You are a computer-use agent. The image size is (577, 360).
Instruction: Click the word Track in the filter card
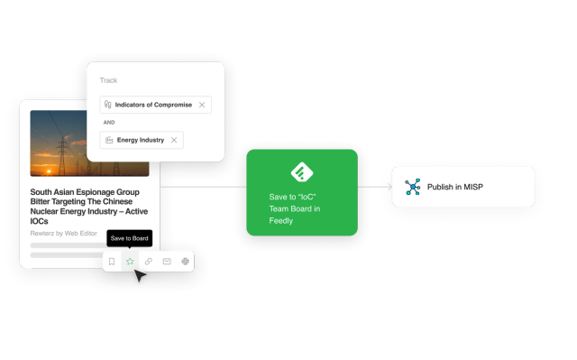108,80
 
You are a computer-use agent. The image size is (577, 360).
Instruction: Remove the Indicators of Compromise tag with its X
202,105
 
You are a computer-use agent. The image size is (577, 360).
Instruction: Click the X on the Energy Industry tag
174,140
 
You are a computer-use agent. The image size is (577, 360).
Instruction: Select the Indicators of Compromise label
153,105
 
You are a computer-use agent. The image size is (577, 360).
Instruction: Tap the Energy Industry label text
141,140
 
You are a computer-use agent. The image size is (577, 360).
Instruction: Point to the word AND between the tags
108,122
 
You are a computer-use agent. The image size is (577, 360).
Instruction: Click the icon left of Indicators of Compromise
108,105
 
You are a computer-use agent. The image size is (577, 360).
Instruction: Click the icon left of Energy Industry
108,140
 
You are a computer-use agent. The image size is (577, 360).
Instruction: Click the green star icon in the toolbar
130,262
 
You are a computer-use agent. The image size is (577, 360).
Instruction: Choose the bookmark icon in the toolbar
112,262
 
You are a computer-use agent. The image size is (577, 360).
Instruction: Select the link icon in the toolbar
149,262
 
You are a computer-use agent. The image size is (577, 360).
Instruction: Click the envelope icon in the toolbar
167,262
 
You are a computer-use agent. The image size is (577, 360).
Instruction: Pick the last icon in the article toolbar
186,262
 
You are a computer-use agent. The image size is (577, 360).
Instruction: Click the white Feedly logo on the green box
301,171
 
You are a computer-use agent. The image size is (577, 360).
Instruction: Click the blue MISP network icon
413,187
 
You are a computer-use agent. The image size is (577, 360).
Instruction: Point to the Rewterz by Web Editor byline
64,234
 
